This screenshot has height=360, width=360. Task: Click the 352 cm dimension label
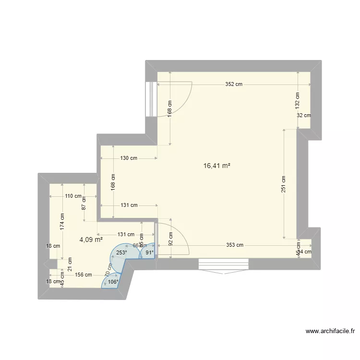tap(234, 84)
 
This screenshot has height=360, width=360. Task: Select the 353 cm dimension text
tap(234, 245)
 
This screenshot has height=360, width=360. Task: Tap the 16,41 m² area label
tap(217, 166)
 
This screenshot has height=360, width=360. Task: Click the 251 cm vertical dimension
tap(284, 184)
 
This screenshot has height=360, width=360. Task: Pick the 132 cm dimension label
tap(297, 100)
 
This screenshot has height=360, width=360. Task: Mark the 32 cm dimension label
tap(303, 115)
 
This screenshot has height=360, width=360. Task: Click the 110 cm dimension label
tap(74, 196)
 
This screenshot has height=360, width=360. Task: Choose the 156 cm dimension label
tap(83, 275)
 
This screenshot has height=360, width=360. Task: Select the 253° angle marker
tap(121, 253)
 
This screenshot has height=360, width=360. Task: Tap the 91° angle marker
tap(149, 253)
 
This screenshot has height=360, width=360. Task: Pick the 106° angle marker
tap(112, 282)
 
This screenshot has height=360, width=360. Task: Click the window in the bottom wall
tap(224, 264)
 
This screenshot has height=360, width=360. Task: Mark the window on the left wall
tap(151, 99)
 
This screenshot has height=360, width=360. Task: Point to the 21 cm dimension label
tap(70, 262)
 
